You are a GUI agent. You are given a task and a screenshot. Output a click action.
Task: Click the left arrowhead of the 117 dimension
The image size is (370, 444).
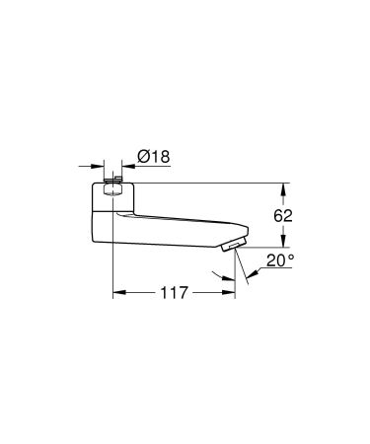[x=117, y=293]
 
